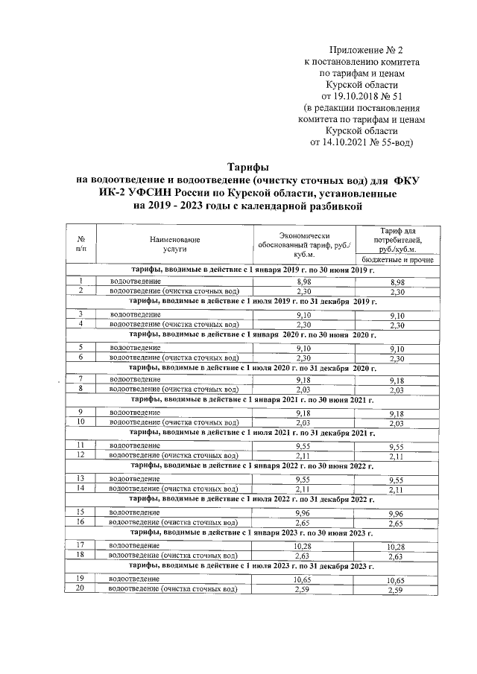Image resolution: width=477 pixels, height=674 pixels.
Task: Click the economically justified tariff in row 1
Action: point(303,282)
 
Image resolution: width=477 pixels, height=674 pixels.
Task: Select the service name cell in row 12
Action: point(174,455)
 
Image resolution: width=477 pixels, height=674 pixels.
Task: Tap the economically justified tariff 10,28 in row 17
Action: point(303,546)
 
